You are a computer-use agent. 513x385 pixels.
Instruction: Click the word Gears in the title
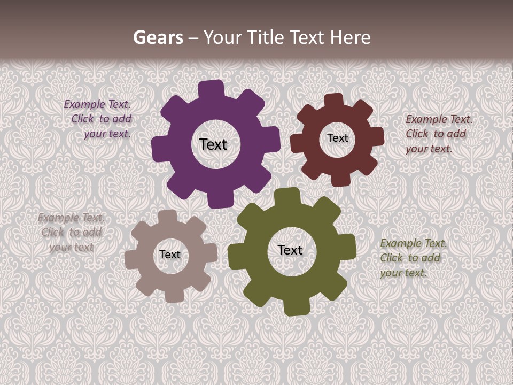click(158, 37)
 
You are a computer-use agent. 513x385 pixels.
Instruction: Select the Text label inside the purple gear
click(213, 144)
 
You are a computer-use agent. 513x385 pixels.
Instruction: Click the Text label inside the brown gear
click(337, 138)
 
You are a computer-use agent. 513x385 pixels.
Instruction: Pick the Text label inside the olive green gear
click(290, 250)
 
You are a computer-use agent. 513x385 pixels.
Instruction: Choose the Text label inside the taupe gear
click(170, 255)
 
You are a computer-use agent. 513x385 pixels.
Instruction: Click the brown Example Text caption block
click(438, 134)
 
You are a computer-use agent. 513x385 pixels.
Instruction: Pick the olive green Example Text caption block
click(413, 258)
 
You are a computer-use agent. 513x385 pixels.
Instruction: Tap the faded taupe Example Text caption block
click(71, 232)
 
